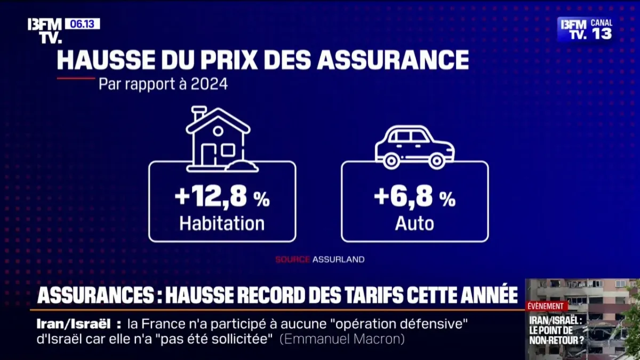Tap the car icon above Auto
414,147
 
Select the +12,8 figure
211,198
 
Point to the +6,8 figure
403,197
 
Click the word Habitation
222,223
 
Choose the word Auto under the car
414,223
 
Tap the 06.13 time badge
82,24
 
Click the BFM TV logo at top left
45,30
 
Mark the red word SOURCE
292,260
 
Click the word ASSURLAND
339,260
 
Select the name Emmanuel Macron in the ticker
342,339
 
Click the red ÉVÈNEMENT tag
546,306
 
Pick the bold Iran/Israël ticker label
73,324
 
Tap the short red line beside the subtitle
76,78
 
